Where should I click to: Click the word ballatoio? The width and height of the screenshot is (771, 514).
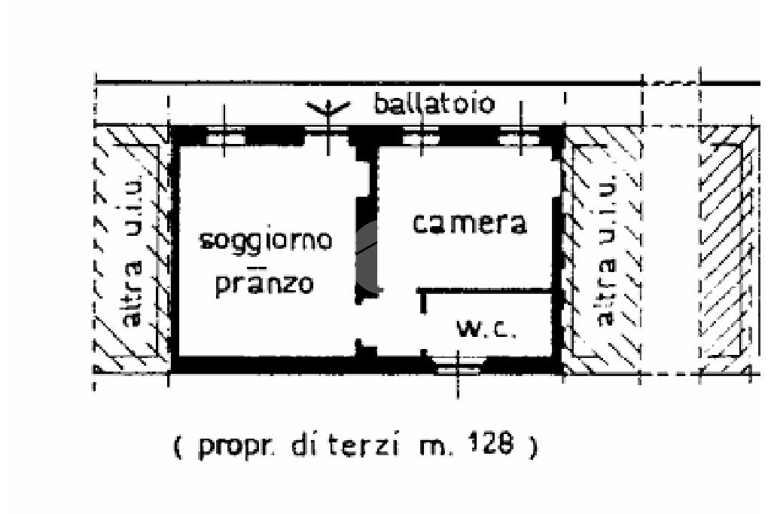point(434,104)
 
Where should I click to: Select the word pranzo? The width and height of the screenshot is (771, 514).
point(264,283)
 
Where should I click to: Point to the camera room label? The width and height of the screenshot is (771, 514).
point(469,223)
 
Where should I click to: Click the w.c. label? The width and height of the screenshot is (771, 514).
point(486,329)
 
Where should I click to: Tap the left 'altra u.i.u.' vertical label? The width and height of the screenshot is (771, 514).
point(133,251)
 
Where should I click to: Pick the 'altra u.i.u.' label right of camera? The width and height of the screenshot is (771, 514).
point(606,251)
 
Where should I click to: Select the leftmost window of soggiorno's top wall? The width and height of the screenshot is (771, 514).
point(226,137)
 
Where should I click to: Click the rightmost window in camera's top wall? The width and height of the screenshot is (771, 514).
point(520,137)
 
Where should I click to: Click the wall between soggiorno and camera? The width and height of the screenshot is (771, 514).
point(365,249)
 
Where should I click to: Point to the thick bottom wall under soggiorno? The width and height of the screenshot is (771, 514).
point(264,366)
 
